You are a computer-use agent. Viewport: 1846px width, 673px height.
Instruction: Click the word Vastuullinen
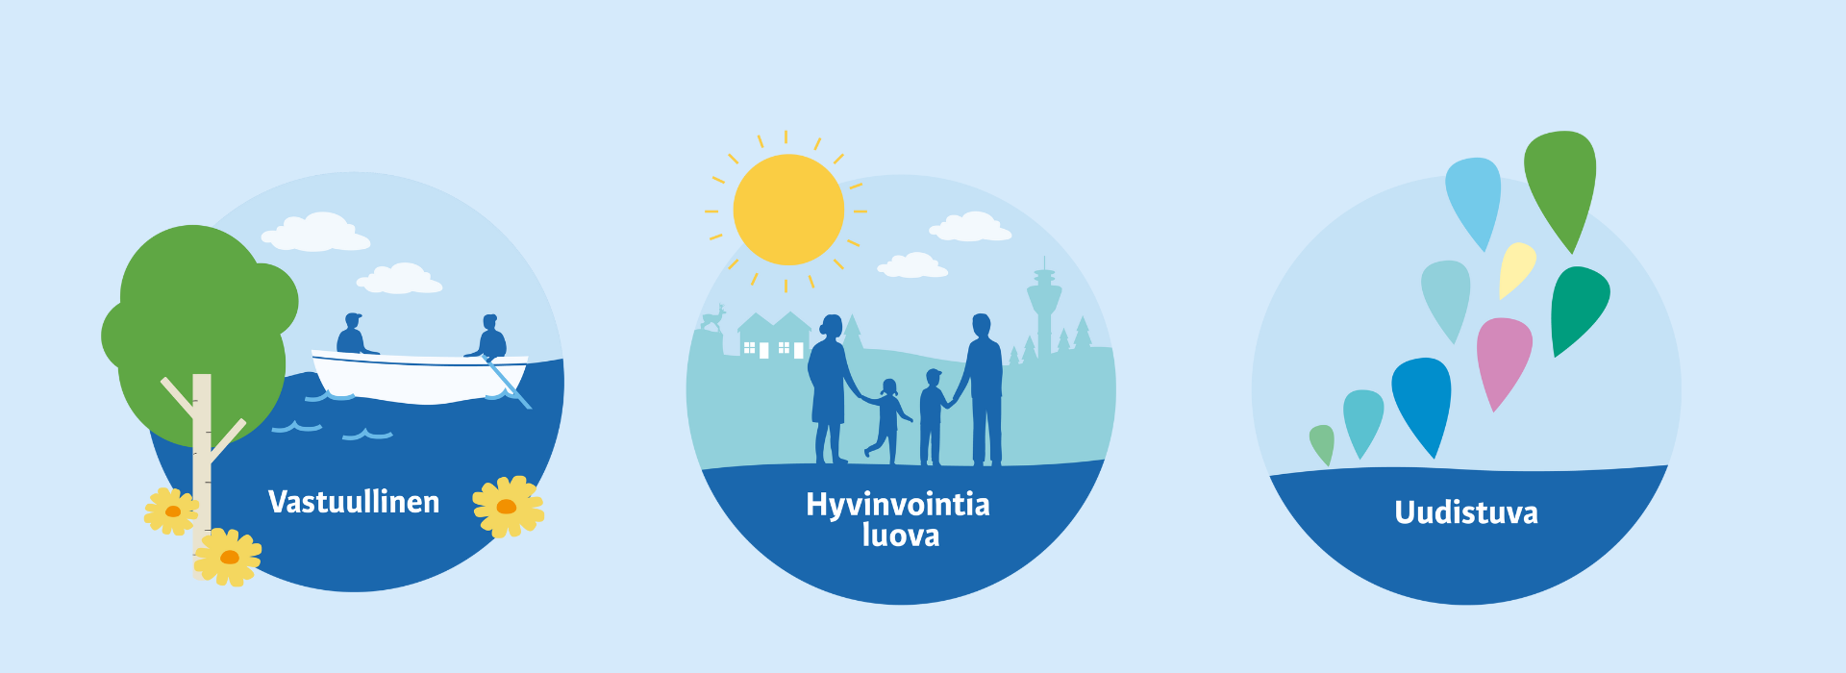point(354,502)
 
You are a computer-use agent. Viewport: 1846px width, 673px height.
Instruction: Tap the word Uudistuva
point(1466,512)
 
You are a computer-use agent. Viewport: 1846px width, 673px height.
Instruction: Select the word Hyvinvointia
point(898,505)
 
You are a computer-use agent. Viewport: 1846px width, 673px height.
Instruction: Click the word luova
point(901,536)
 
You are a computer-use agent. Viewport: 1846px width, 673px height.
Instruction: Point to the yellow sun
point(788,210)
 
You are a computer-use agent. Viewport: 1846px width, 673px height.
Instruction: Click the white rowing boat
point(420,377)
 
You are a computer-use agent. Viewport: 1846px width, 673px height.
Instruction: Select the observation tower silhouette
point(1044,306)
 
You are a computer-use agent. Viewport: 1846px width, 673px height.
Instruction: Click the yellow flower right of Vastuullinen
point(508,507)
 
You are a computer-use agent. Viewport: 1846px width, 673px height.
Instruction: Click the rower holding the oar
point(491,338)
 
